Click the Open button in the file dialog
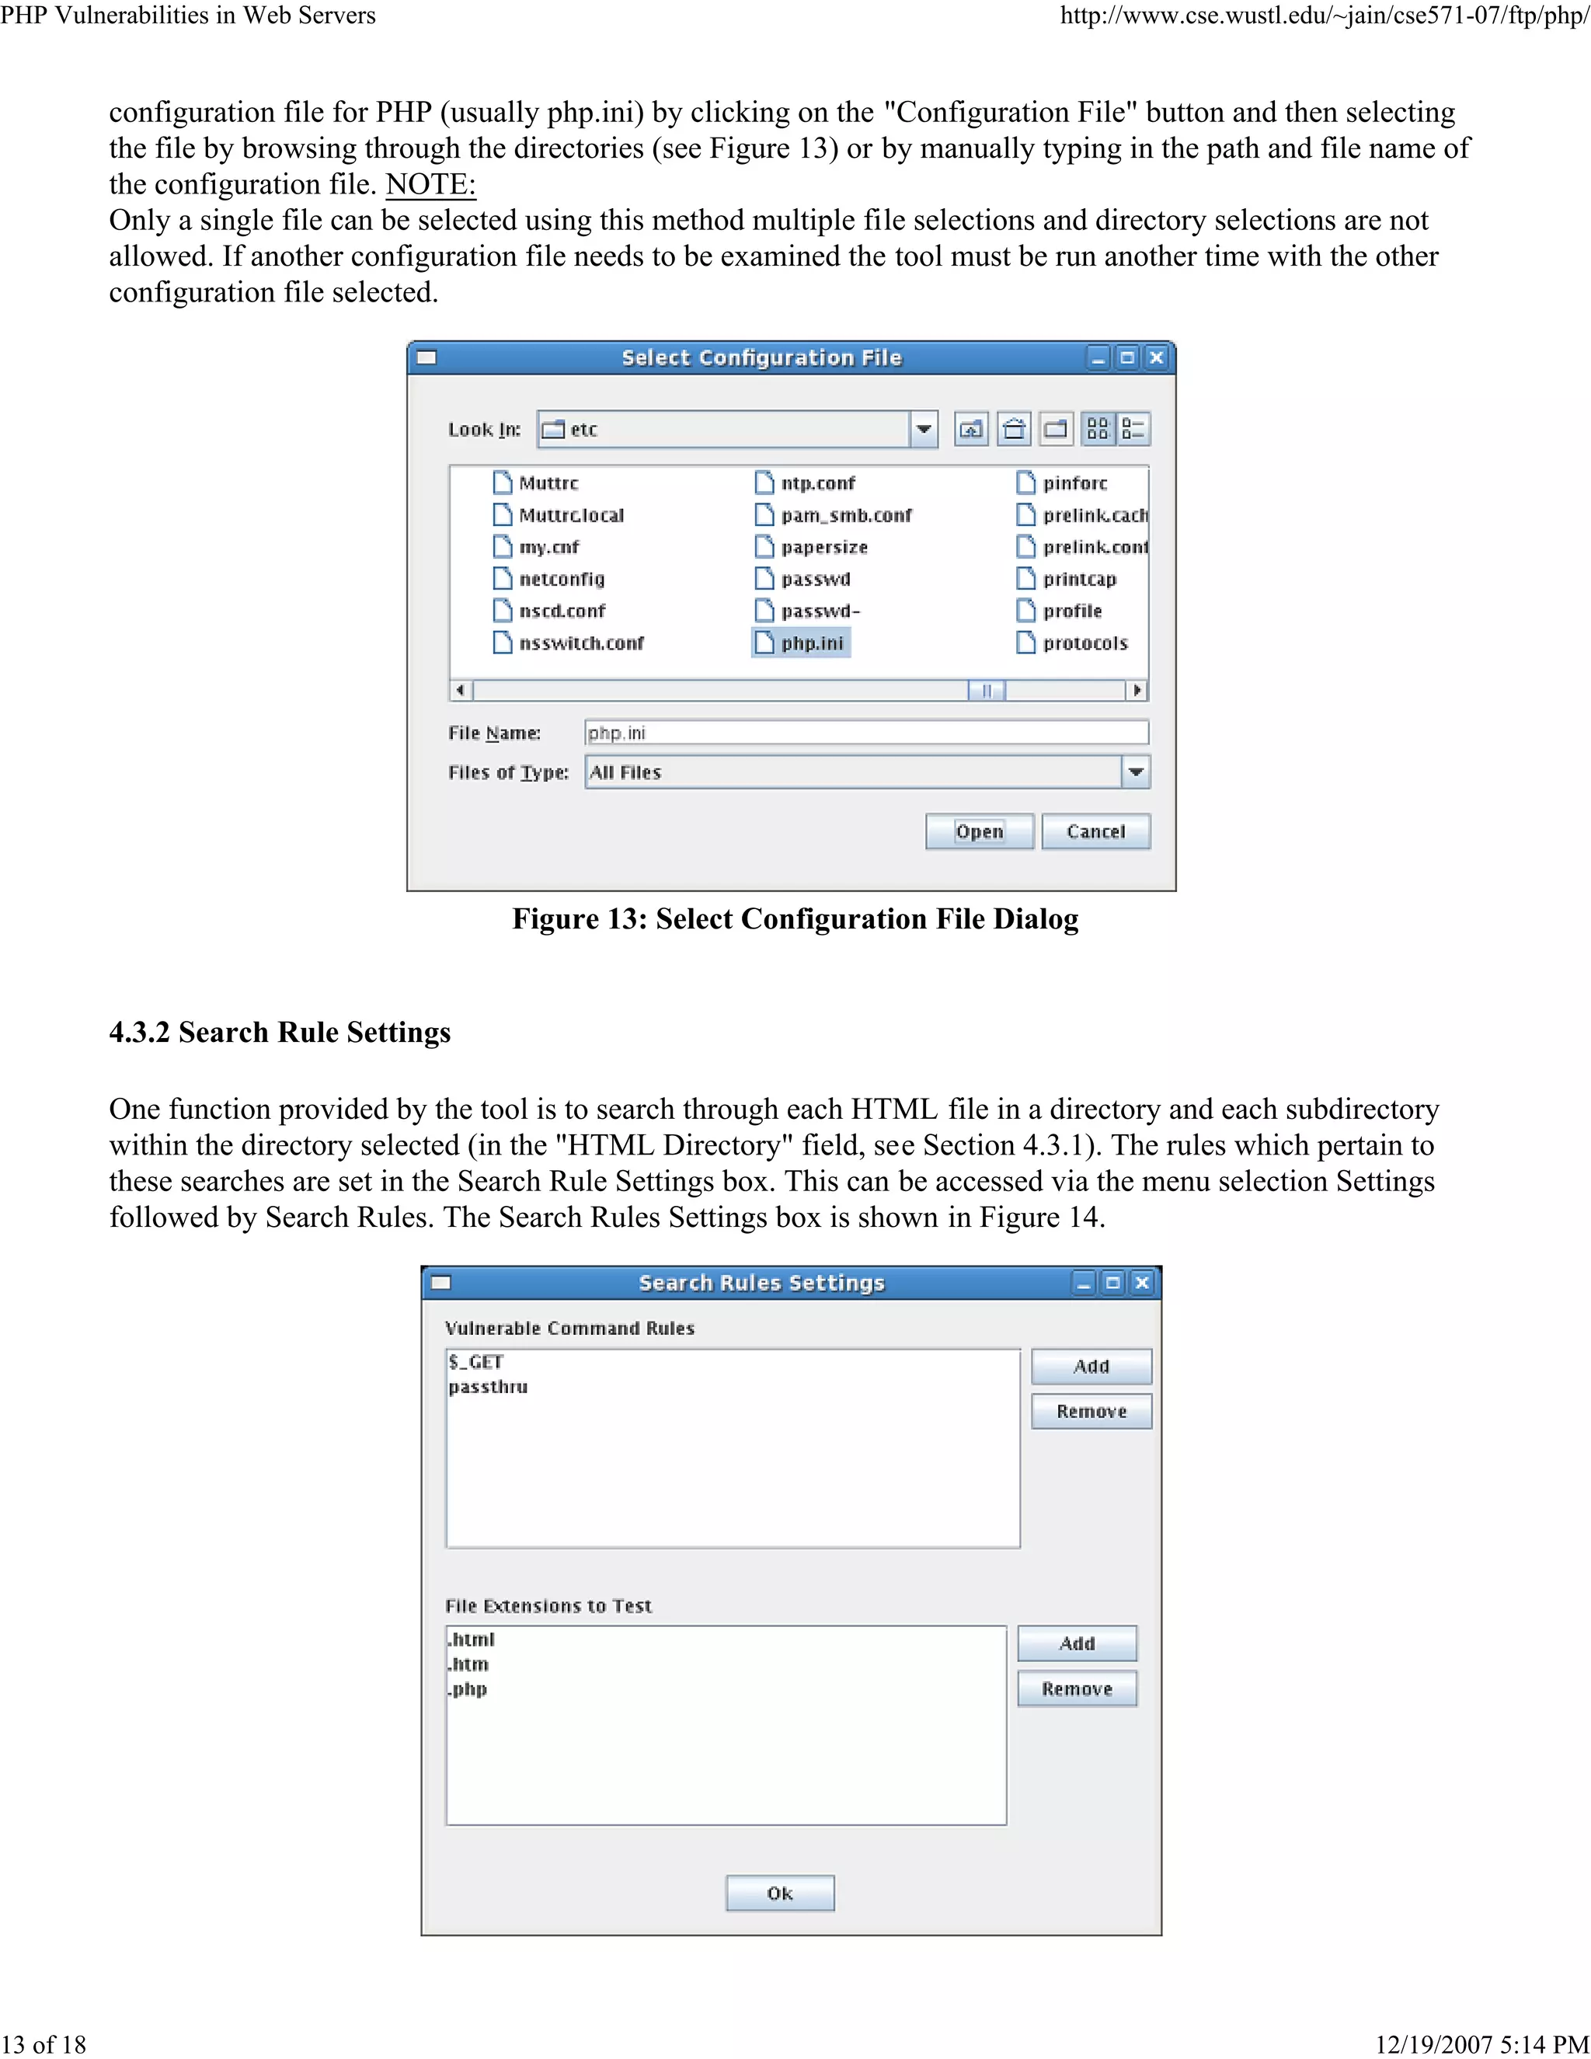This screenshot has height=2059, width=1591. click(x=980, y=831)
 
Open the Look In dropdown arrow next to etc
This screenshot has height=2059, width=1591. click(x=924, y=430)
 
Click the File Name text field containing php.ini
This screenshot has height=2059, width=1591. click(x=865, y=733)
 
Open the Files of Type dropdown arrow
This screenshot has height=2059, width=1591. click(x=1136, y=772)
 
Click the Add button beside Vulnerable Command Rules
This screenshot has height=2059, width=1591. click(x=1091, y=1366)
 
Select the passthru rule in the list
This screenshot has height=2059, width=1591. click(x=488, y=1387)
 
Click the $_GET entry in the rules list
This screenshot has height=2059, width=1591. click(x=477, y=1361)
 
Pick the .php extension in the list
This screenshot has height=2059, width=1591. click(x=468, y=1689)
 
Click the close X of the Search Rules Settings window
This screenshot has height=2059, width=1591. click(x=1142, y=1283)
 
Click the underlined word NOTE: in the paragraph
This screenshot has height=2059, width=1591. click(x=430, y=184)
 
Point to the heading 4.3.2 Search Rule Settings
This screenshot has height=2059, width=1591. click(x=280, y=1033)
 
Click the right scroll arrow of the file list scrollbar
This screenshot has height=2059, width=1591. click(x=1137, y=690)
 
